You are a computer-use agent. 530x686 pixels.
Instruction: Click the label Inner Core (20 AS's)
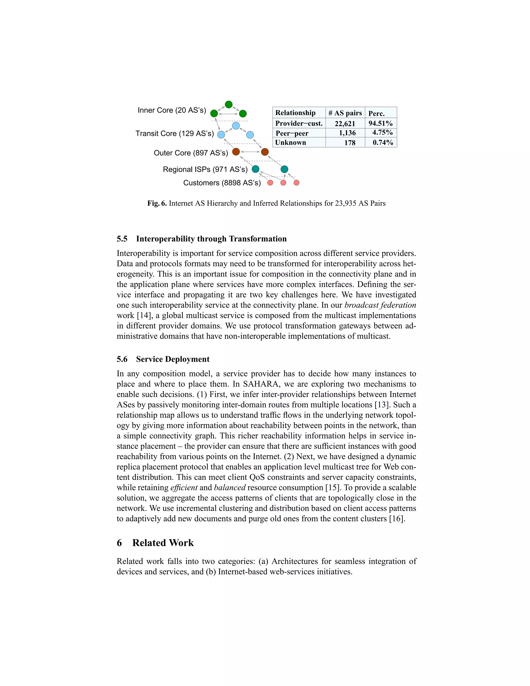coord(172,110)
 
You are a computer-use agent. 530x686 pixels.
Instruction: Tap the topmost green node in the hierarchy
coord(229,104)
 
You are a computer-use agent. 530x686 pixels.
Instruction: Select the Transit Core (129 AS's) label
coord(175,134)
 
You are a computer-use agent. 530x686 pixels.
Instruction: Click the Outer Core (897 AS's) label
coord(191,153)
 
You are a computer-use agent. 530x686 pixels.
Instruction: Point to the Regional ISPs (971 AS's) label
coord(205,170)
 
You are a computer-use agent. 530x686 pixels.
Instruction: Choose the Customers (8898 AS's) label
coord(222,183)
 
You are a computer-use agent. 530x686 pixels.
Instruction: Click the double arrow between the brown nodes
coord(250,152)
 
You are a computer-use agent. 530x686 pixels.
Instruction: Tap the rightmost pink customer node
coord(296,183)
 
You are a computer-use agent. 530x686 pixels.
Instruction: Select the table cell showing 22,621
coord(345,123)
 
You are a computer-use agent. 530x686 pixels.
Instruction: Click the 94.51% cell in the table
coord(380,123)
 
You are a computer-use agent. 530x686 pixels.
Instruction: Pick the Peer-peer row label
coord(292,133)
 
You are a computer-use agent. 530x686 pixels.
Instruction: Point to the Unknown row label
coord(290,143)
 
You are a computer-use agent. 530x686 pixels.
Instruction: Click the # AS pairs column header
coord(345,113)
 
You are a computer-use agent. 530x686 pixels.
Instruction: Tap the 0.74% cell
coord(383,143)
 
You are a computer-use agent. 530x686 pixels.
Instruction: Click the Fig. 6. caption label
coord(157,203)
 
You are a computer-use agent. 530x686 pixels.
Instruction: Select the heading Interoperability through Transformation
coord(211,239)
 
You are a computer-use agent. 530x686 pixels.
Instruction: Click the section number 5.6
coord(122,359)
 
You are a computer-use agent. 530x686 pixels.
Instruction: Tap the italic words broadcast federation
coord(380,305)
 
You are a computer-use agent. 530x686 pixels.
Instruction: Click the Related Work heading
coord(163,543)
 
